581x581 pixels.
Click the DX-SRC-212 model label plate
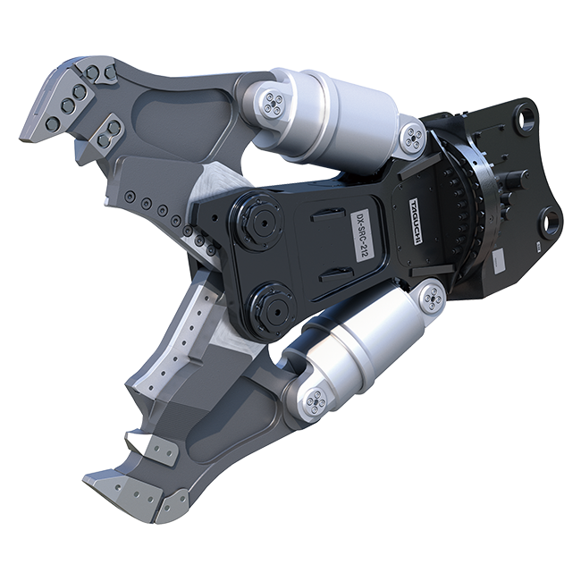(x=362, y=236)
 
